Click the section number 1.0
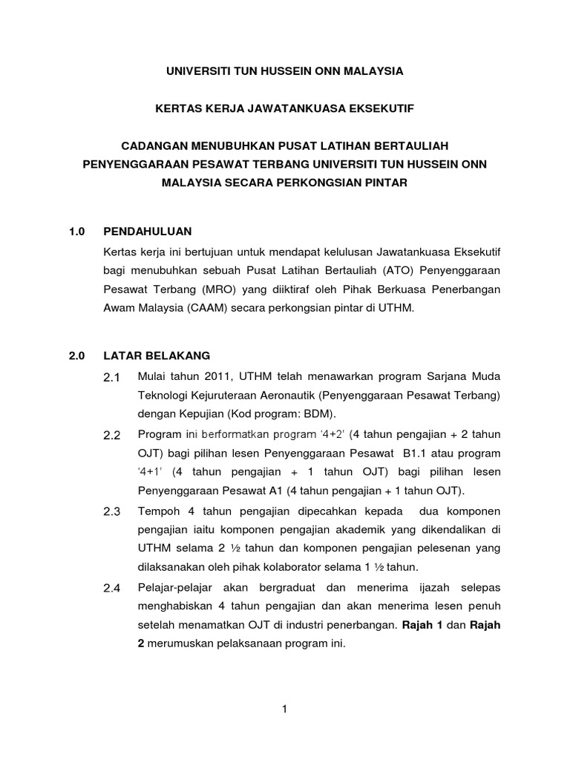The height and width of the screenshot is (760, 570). [76, 231]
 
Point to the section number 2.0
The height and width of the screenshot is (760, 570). [76, 356]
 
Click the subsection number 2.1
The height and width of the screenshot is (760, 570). [112, 379]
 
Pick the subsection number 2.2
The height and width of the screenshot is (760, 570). [112, 435]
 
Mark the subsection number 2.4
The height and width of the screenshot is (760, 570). [112, 589]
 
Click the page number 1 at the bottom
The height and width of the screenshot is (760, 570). [284, 709]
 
